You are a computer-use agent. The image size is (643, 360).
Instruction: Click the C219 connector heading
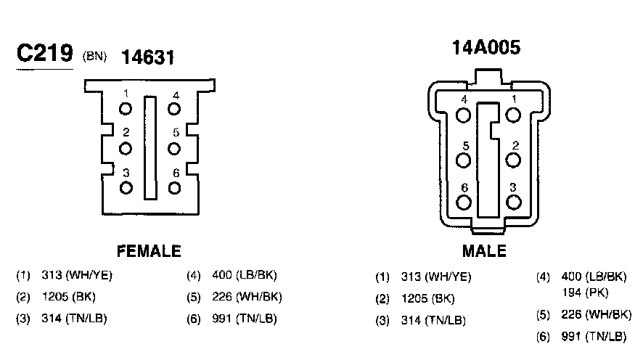click(x=45, y=53)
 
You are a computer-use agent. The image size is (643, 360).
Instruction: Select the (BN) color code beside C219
click(x=94, y=56)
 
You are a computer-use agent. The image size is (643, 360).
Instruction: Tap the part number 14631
click(x=147, y=57)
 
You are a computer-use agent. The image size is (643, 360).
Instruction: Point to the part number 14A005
click(x=486, y=47)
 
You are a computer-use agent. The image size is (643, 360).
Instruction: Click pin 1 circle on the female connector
click(x=126, y=109)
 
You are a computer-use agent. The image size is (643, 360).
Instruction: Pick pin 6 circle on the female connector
click(x=174, y=188)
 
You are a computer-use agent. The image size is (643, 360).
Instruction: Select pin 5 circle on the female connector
click(x=174, y=149)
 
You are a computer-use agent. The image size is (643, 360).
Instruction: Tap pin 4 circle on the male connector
click(x=464, y=115)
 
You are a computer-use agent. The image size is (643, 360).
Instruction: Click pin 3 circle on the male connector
click(x=513, y=202)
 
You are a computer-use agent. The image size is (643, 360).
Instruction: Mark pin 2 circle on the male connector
click(x=513, y=160)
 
